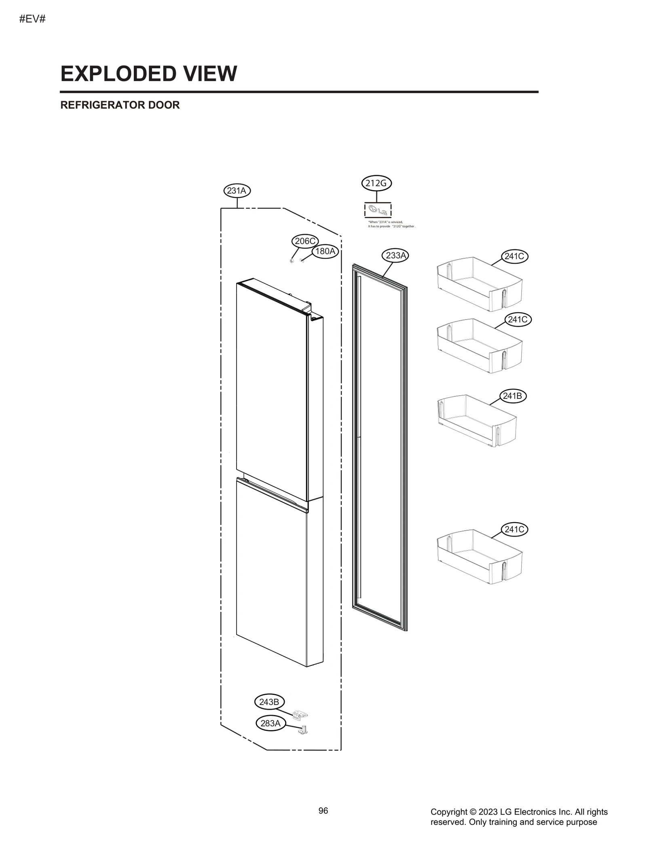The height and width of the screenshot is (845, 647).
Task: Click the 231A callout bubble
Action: (x=237, y=191)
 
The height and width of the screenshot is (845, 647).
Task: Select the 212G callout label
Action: (x=376, y=183)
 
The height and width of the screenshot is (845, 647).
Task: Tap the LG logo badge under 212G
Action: (x=378, y=210)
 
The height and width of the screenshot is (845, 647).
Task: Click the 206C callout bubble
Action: (x=305, y=241)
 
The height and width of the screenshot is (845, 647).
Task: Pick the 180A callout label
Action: (x=325, y=251)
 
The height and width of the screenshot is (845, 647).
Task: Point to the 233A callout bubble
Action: (x=395, y=255)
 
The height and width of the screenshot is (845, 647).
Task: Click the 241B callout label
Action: (x=513, y=396)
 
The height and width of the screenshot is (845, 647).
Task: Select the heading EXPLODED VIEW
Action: (x=148, y=74)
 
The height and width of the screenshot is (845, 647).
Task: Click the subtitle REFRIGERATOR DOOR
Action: (x=120, y=105)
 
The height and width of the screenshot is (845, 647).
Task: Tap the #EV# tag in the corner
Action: (x=32, y=19)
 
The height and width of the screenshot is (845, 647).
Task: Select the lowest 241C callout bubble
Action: (x=514, y=529)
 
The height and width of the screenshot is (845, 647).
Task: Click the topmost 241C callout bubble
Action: (x=515, y=256)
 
